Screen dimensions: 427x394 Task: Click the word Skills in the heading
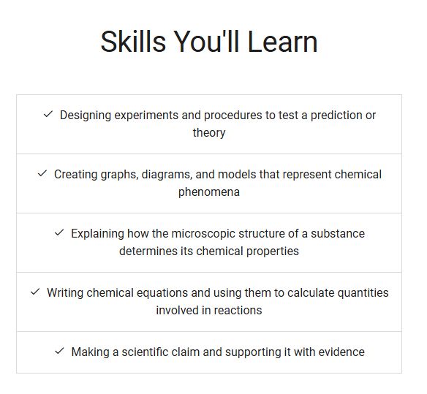(133, 42)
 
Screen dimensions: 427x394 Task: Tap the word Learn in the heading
(282, 42)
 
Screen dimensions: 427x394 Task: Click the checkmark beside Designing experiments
(48, 114)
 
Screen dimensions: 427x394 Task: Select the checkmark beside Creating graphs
(42, 173)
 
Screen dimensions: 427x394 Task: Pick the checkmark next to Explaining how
(59, 232)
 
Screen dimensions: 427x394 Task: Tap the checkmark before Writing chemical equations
(35, 292)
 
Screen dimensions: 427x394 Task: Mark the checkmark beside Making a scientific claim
(59, 351)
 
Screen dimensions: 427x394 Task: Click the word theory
(209, 133)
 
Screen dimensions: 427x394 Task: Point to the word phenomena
(209, 192)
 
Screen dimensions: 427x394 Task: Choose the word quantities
(363, 293)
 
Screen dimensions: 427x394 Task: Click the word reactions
(238, 311)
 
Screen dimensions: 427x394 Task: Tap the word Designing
(86, 115)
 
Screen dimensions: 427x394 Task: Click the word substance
(338, 234)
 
